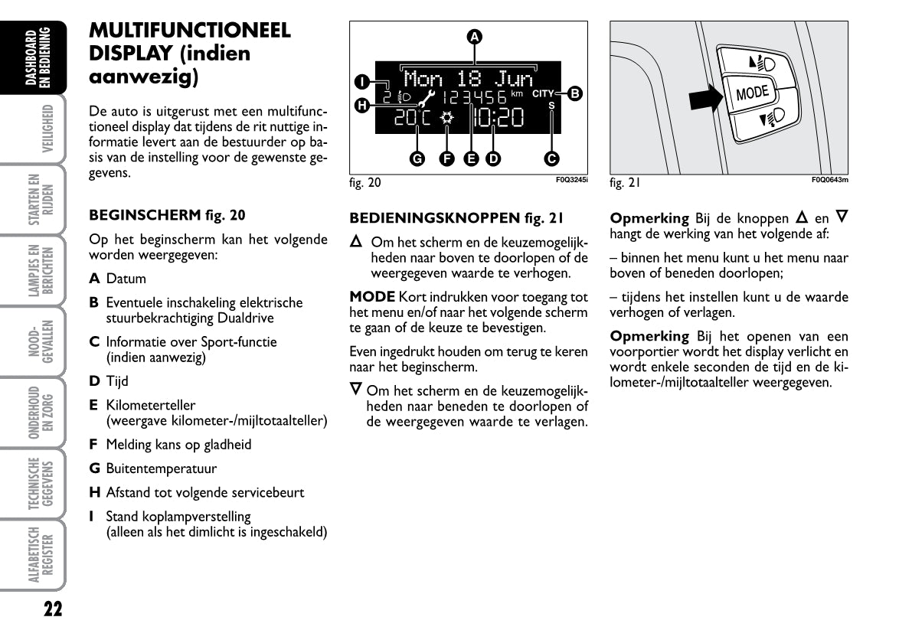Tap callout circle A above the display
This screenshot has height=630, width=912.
coord(474,36)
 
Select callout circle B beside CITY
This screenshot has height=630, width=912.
coord(575,94)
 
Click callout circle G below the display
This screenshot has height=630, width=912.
coord(417,158)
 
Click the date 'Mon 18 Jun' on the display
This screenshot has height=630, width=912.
coord(468,78)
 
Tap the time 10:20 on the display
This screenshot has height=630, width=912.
coord(498,117)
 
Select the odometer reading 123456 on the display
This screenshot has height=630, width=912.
coord(475,97)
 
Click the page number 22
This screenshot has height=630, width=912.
coord(52,609)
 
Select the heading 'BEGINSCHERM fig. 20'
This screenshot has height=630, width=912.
coord(167,215)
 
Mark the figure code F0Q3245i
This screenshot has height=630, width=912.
coord(571,180)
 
